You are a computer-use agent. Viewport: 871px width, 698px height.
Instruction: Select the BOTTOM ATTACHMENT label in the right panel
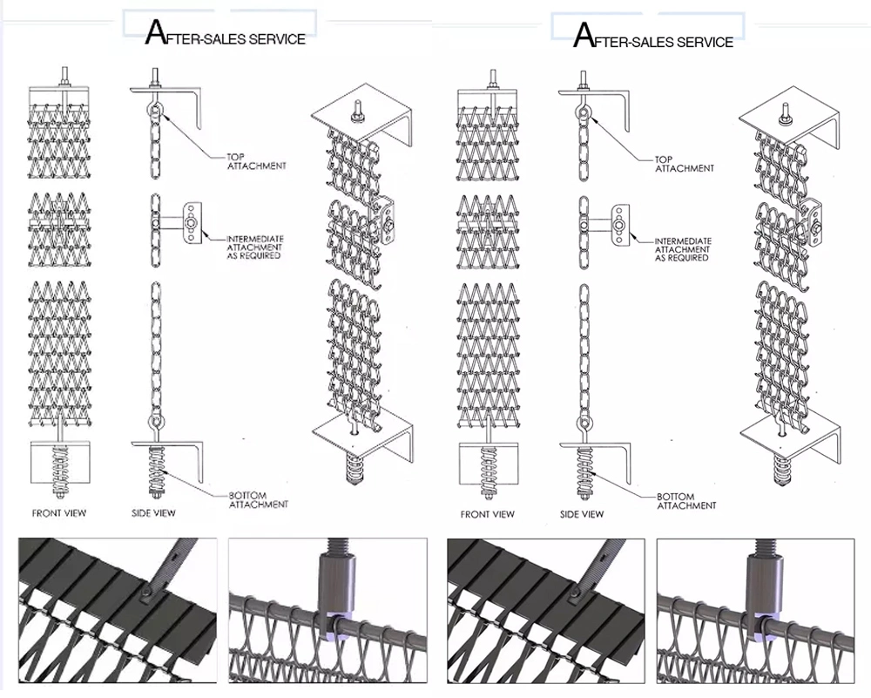686,501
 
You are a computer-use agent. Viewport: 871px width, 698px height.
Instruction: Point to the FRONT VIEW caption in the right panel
487,514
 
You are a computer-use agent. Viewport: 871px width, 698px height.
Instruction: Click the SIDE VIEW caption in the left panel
153,513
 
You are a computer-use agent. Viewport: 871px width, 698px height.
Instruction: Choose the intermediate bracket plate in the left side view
190,223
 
